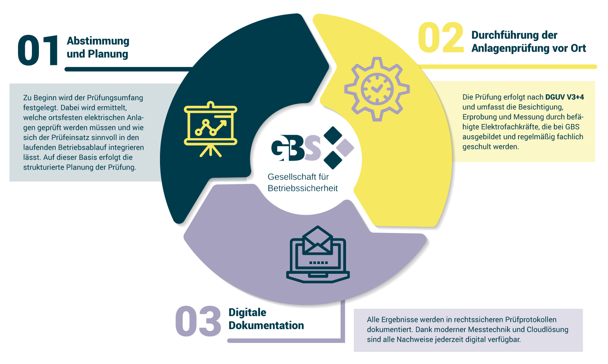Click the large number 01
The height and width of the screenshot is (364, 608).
38,50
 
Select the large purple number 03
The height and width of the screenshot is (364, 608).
198,321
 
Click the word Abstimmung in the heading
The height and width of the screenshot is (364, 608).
98,41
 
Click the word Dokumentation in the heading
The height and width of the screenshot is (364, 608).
266,325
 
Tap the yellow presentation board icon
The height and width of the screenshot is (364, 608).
211,129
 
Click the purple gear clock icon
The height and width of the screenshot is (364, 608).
377,89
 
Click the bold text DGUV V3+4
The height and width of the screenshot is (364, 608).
564,97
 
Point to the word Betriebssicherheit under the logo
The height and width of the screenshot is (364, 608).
303,188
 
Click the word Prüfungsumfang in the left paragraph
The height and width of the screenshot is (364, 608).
115,98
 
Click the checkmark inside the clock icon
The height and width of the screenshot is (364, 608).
377,88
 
